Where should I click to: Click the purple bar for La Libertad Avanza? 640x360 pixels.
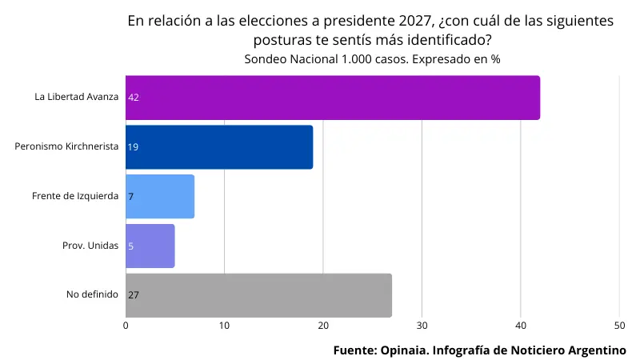pyautogui.click(x=332, y=98)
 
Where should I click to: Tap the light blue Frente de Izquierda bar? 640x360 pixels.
pyautogui.click(x=160, y=197)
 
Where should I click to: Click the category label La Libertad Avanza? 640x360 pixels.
pyautogui.click(x=76, y=97)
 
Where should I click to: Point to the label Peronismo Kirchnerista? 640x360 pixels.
pyautogui.click(x=66, y=146)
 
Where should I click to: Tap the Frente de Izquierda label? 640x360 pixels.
pyautogui.click(x=75, y=196)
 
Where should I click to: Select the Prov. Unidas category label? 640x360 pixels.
pyautogui.click(x=90, y=246)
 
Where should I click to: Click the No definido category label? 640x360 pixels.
pyautogui.click(x=92, y=294)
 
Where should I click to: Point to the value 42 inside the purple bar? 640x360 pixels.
pyautogui.click(x=134, y=98)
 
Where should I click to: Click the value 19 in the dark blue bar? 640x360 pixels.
pyautogui.click(x=134, y=147)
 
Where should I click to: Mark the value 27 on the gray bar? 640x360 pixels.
pyautogui.click(x=134, y=295)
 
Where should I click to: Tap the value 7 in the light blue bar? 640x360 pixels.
pyautogui.click(x=130, y=197)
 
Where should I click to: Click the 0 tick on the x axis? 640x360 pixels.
pyautogui.click(x=126, y=326)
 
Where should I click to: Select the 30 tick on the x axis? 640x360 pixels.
pyautogui.click(x=422, y=326)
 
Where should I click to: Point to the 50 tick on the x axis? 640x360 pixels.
pyautogui.click(x=619, y=326)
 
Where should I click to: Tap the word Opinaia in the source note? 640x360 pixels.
pyautogui.click(x=404, y=350)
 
